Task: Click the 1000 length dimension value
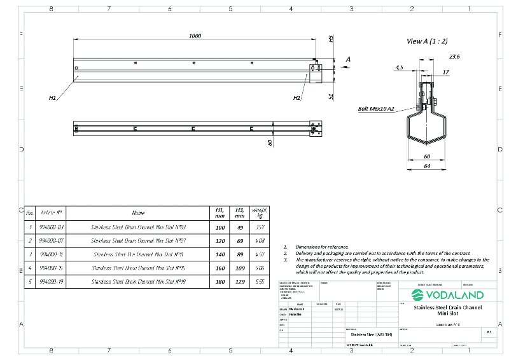(195, 36)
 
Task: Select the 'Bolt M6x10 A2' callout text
(376, 109)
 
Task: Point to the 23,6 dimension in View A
(454, 57)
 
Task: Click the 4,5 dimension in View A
(399, 67)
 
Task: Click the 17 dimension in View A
(446, 72)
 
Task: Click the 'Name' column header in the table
(138, 212)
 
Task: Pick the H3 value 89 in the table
(240, 254)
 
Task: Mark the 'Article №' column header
(51, 212)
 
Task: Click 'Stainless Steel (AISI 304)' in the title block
(372, 333)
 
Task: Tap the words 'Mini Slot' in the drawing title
(447, 313)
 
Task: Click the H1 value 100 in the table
(220, 226)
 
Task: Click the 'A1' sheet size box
(489, 331)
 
